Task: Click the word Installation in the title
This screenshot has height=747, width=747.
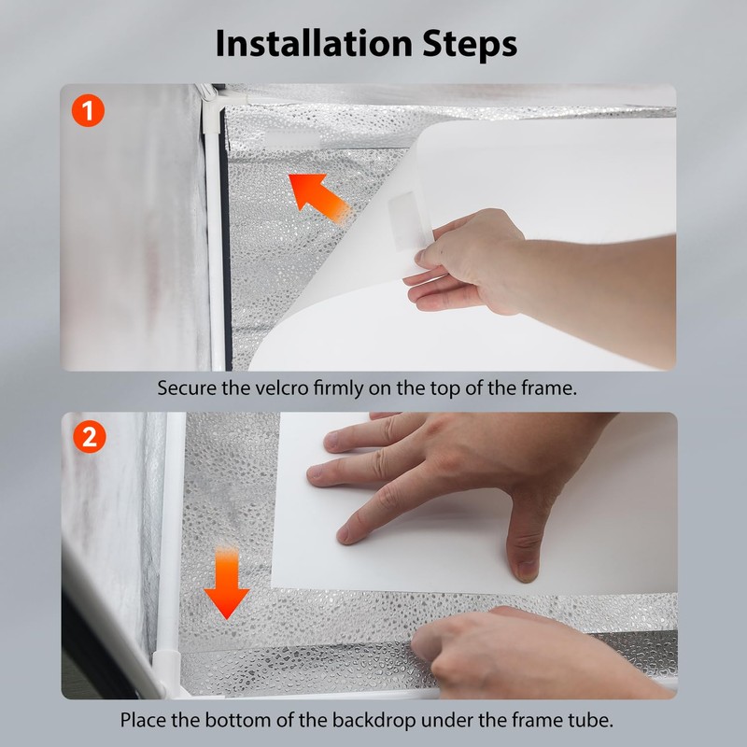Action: pos(314,43)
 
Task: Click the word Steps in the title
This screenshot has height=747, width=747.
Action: pos(470,45)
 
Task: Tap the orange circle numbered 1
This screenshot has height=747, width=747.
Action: pos(88,110)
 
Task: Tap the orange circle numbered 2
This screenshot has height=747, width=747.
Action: pos(89,437)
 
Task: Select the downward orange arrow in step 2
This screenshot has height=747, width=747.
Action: pos(226,583)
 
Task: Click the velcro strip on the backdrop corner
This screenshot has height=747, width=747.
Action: pos(405,220)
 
